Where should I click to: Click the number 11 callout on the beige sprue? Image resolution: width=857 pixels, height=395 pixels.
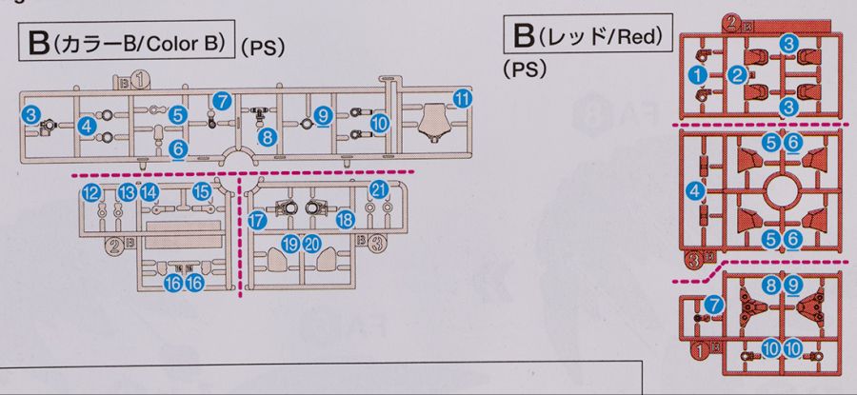click(x=463, y=99)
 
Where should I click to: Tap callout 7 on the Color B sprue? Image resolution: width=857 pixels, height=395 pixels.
click(x=222, y=100)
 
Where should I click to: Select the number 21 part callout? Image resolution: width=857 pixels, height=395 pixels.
click(x=378, y=188)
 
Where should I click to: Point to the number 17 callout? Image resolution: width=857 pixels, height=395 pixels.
click(x=256, y=221)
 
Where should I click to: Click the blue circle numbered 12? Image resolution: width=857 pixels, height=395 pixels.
click(x=91, y=193)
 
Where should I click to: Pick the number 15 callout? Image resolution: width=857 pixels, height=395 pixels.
click(x=202, y=191)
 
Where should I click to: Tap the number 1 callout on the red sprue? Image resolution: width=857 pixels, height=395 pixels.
click(x=700, y=73)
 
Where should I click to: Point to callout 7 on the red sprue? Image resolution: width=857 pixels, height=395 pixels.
click(x=715, y=306)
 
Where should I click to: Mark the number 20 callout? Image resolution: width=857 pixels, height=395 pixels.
click(x=311, y=245)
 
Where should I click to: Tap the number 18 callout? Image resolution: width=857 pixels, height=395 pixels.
click(x=345, y=220)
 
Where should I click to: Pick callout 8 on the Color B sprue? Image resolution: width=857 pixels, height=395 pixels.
click(x=268, y=137)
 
